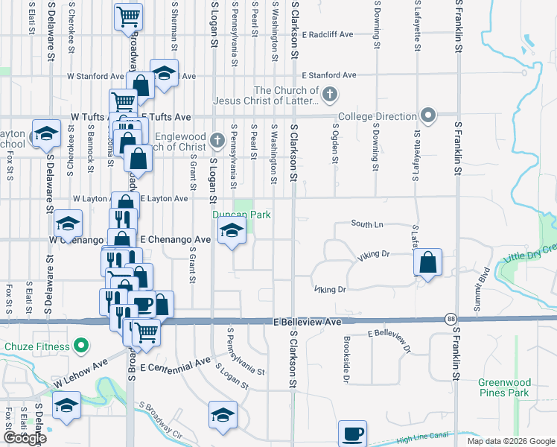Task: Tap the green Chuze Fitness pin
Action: click(82, 346)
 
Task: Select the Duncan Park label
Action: click(241, 215)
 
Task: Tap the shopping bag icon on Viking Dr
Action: click(427, 263)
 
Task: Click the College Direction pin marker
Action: click(428, 115)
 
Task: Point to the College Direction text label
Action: click(377, 116)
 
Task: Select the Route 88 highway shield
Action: click(451, 318)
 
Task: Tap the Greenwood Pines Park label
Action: click(503, 387)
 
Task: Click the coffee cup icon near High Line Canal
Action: click(352, 434)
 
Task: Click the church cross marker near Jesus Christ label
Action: click(331, 95)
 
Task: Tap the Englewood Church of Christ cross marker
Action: click(217, 139)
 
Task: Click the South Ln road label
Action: click(366, 223)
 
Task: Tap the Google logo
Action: click(25, 438)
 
